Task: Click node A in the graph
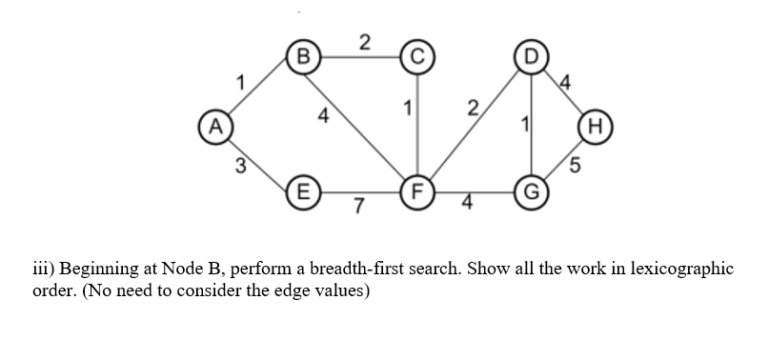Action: click(217, 123)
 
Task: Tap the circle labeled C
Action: click(416, 54)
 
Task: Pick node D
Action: click(530, 53)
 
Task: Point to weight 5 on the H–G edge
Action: click(575, 165)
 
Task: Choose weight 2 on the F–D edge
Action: click(469, 107)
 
